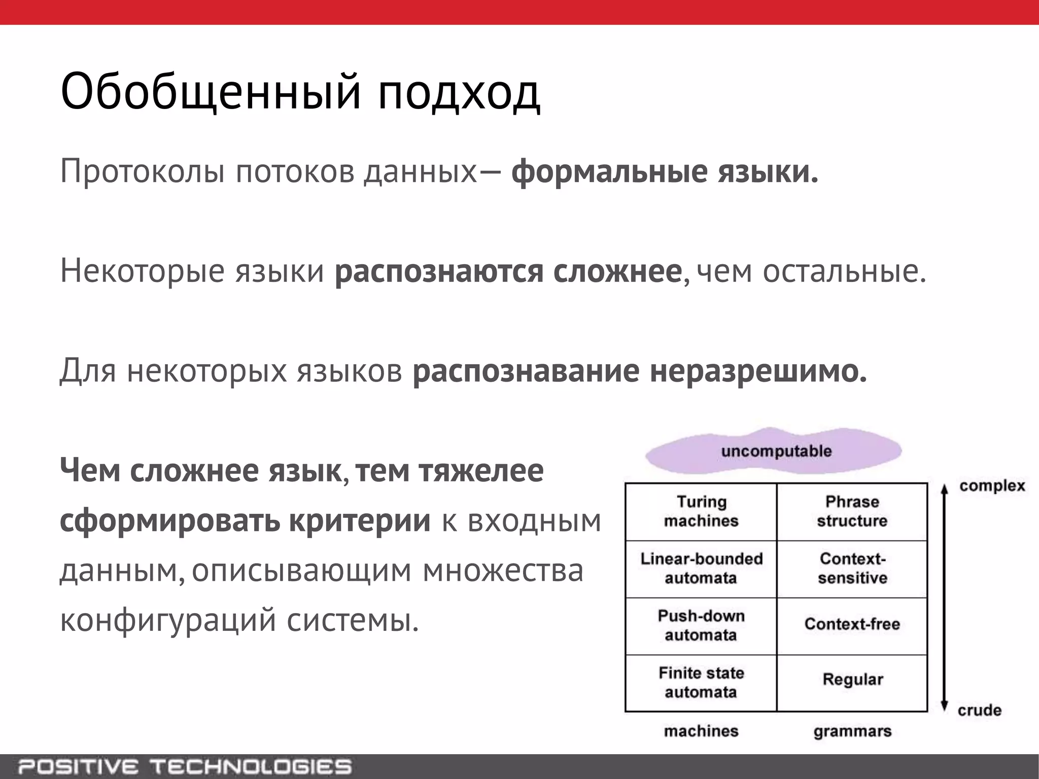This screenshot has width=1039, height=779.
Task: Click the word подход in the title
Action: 459,92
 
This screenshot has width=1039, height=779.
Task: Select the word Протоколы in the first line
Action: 143,172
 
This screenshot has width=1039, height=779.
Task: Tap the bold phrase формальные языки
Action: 665,172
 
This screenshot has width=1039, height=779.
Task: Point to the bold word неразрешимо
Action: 758,371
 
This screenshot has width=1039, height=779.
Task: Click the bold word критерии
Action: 360,520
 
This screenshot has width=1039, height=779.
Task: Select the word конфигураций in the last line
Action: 168,620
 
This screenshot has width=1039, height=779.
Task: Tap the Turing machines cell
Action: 701,511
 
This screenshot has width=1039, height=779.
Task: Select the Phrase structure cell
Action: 852,511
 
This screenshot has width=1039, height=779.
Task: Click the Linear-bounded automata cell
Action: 701,569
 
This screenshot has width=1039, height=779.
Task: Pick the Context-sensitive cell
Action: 852,569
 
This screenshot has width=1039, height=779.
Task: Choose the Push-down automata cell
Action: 701,626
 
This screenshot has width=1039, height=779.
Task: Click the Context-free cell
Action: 852,624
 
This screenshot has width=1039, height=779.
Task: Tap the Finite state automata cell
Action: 701,683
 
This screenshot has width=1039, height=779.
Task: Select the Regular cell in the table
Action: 852,680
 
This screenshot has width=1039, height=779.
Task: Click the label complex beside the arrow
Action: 992,486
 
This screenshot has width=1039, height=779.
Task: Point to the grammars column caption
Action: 852,731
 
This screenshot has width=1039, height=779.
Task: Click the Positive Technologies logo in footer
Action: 185,766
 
